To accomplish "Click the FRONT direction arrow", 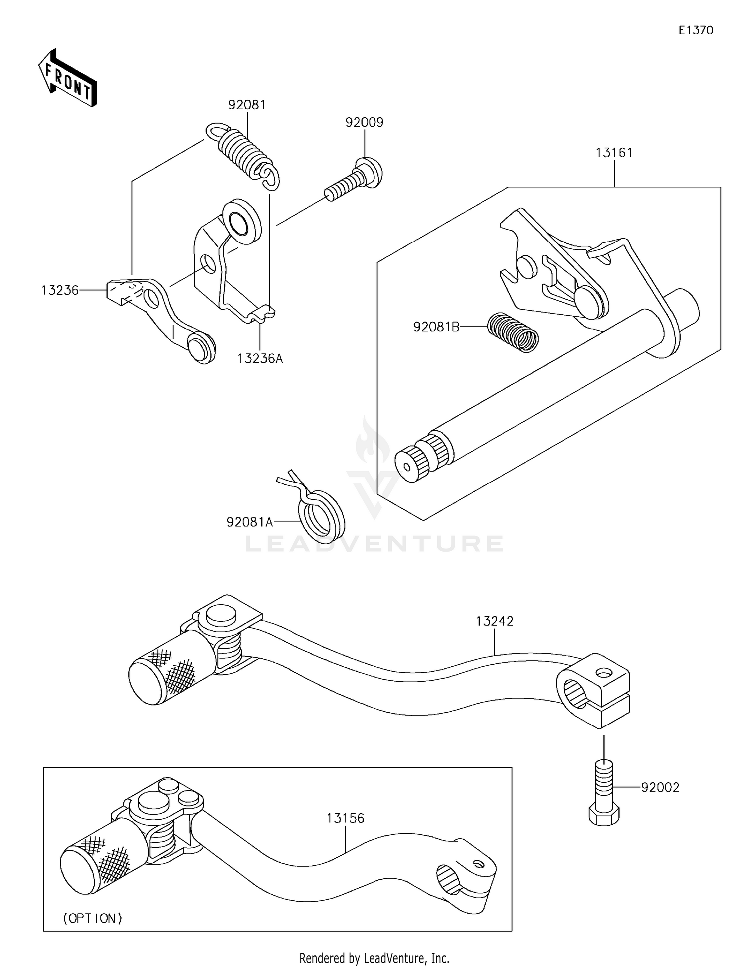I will pyautogui.click(x=68, y=79).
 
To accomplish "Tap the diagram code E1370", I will pyautogui.click(x=696, y=30).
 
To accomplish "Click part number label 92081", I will pyautogui.click(x=247, y=105).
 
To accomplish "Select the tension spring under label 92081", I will pyautogui.click(x=244, y=155).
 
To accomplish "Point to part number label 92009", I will pyautogui.click(x=365, y=122).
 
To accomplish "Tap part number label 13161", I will pyautogui.click(x=614, y=153).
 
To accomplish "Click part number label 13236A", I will pyautogui.click(x=260, y=358).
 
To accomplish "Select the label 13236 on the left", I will pyautogui.click(x=60, y=290).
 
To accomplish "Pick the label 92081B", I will pyautogui.click(x=436, y=327).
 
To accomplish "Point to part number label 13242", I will pyautogui.click(x=494, y=621).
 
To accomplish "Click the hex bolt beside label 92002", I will pyautogui.click(x=604, y=793).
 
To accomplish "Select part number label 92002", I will pyautogui.click(x=660, y=787).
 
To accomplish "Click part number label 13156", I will pyautogui.click(x=345, y=818).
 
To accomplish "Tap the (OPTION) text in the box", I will pyautogui.click(x=93, y=918).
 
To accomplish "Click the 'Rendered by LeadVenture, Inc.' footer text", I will pyautogui.click(x=374, y=958).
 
